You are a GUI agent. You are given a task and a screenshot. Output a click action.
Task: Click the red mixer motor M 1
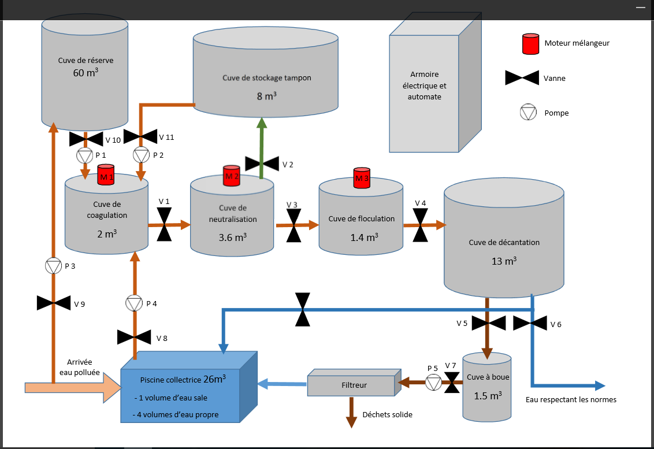coord(106,175)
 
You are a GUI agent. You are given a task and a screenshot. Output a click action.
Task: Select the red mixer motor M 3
coord(362,177)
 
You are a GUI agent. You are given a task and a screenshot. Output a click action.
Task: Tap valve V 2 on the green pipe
coord(262,164)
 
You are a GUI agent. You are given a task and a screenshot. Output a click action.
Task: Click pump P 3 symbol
coord(53,266)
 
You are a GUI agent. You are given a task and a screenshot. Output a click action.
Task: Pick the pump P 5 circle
coord(434,382)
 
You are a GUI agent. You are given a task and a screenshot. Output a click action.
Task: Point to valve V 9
coord(54,303)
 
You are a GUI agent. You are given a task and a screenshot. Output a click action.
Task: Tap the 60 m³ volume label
coord(85,73)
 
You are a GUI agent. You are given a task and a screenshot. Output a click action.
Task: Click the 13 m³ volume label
coord(503,261)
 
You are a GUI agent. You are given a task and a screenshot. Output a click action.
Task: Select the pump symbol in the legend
coord(527,113)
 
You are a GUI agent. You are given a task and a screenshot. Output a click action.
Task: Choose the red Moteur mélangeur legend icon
coord(531,44)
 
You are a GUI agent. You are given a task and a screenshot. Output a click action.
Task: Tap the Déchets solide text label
coord(387,414)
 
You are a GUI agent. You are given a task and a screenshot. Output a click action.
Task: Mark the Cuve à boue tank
coord(486,386)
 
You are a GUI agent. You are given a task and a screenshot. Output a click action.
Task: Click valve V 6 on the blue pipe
coord(530,322)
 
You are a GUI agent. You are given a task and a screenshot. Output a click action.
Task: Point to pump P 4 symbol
coord(134,303)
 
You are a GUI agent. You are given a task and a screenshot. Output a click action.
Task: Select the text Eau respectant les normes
coord(571,400)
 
